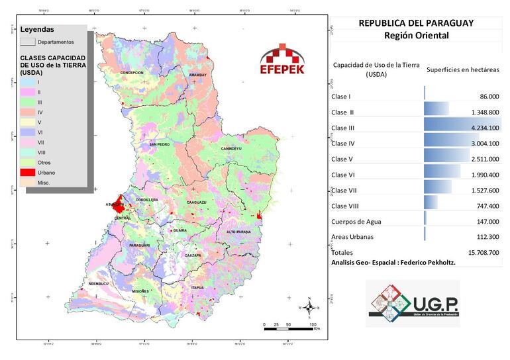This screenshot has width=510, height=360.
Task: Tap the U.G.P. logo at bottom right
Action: tap(413, 303)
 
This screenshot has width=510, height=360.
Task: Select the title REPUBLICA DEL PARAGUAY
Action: tap(416, 22)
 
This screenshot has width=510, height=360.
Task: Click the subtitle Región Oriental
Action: tap(416, 36)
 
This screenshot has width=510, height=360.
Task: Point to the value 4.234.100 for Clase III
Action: tap(480, 127)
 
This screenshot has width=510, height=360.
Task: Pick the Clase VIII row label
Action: tap(346, 206)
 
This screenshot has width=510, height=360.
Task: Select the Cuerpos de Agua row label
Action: tap(356, 222)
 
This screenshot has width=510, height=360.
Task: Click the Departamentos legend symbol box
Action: tap(27, 42)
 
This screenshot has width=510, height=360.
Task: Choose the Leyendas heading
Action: tap(37, 30)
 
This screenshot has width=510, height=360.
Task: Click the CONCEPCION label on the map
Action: tap(131, 72)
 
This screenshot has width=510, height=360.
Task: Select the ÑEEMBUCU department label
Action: tap(99, 285)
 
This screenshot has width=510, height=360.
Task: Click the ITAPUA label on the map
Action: tap(197, 288)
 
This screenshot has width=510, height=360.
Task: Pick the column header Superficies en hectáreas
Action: tap(462, 69)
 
